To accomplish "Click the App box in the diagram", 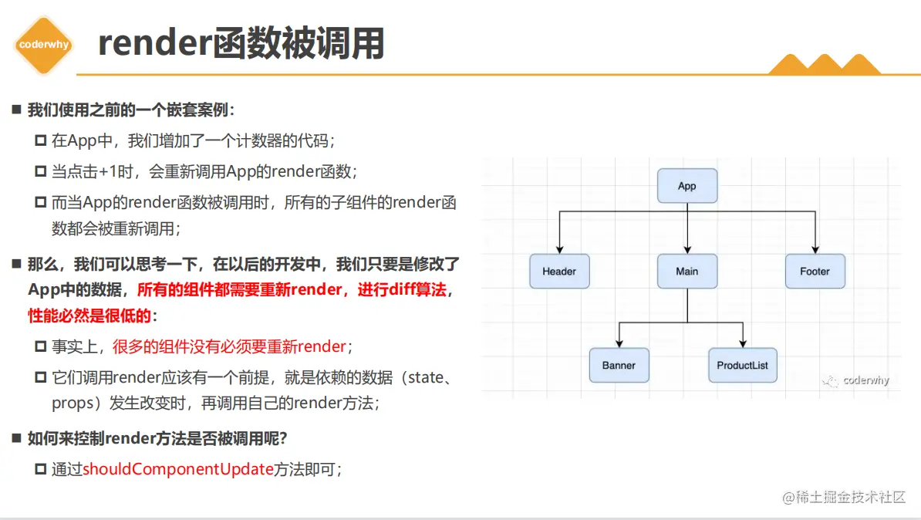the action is coord(687,186).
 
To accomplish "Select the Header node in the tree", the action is coord(559,271).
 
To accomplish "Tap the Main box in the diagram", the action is coord(687,271).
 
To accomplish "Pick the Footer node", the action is coord(815,271).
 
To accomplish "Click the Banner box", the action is coord(619,365).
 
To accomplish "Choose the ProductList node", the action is coord(743,365).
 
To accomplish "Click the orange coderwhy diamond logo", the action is coord(43,45).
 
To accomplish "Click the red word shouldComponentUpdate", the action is coord(178,469).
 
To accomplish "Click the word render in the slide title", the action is coord(155,43).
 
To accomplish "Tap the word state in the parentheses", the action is coord(426,377).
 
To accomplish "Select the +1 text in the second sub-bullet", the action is coord(107,171).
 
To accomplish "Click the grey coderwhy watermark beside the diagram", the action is coord(855,381).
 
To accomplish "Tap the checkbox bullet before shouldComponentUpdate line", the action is coord(41,469).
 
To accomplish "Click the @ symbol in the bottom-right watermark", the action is coord(788,498).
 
